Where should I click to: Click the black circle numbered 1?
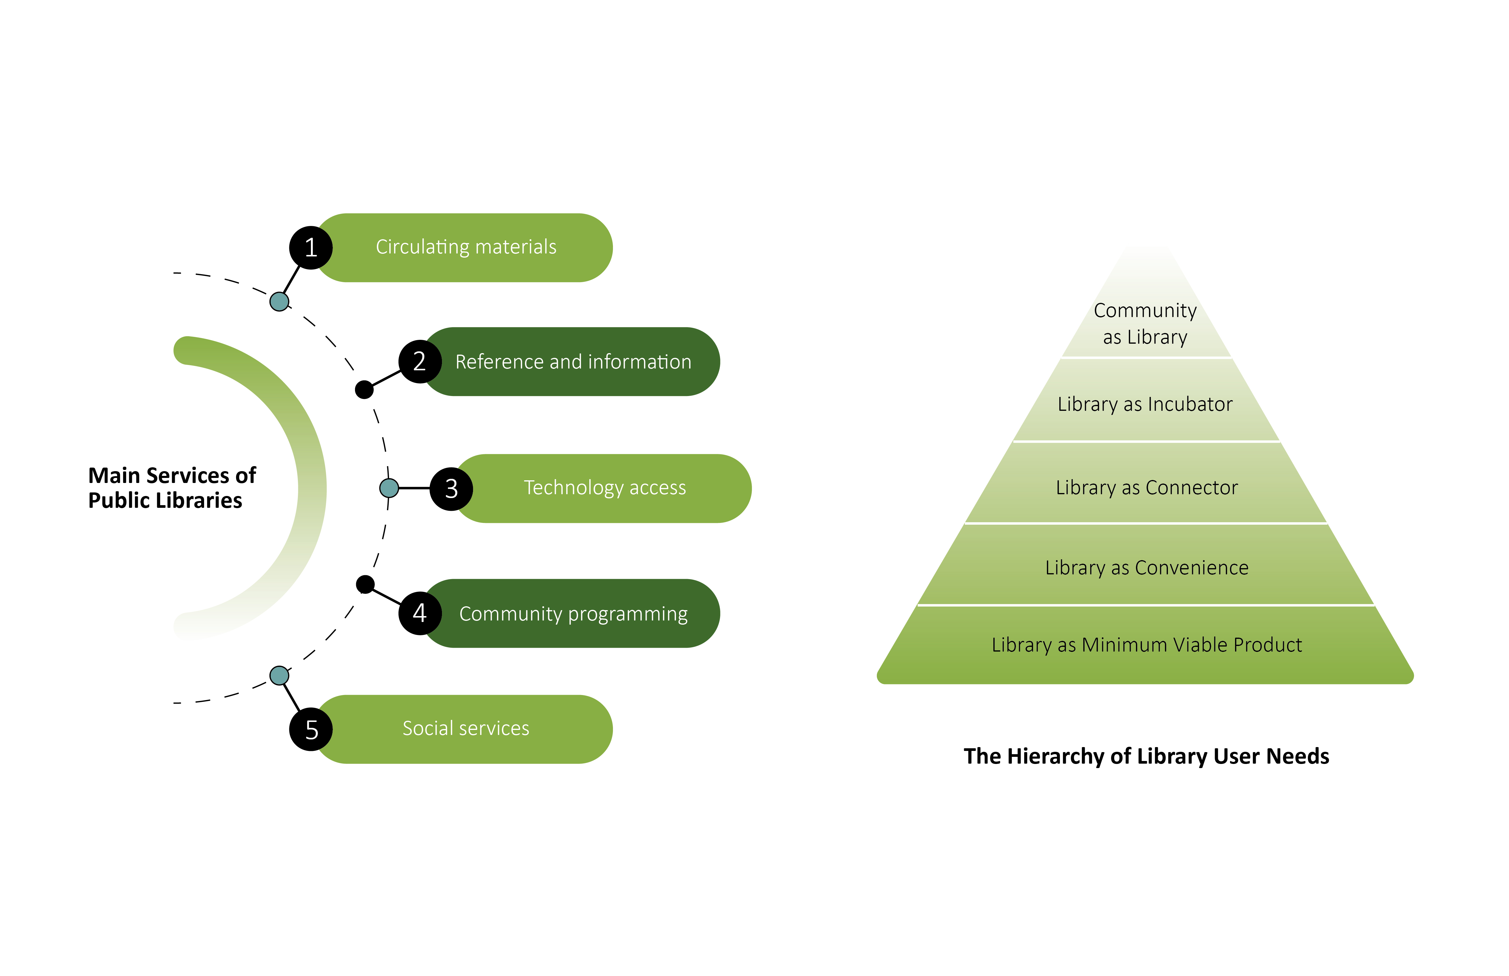coord(311,247)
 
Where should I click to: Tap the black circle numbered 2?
coord(419,361)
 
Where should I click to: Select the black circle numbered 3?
coord(451,488)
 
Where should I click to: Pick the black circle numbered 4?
coord(419,613)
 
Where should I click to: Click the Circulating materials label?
coord(466,247)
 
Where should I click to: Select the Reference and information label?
coord(573,361)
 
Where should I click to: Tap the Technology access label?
coord(605,487)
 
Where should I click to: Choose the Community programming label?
coord(573,613)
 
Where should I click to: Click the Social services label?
coord(466,728)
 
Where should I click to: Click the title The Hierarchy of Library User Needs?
coord(1146,756)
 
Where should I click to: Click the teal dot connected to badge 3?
coord(389,488)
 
